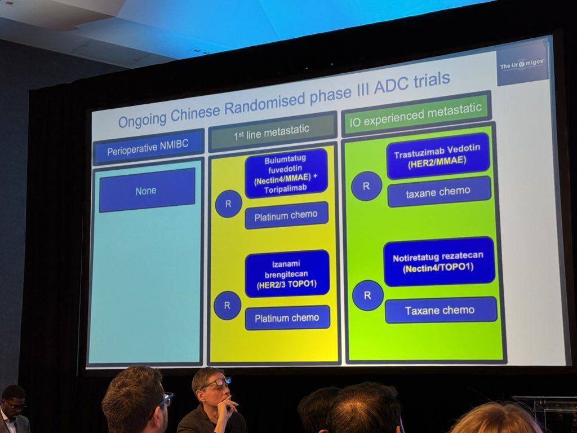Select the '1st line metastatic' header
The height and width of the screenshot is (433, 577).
coord(272,131)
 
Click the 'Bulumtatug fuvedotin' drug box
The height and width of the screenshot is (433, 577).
coord(286,173)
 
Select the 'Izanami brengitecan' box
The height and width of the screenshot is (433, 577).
coord(287,273)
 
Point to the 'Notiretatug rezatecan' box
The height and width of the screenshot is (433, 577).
coord(438,262)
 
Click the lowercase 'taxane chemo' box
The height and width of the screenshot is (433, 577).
coord(438,191)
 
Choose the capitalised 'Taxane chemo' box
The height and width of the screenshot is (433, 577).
coord(440,310)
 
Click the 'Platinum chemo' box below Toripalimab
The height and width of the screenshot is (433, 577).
coord(286,215)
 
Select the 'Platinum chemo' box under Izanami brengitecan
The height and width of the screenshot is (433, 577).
coord(287,318)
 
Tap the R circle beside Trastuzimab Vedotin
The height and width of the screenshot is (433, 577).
coord(366,186)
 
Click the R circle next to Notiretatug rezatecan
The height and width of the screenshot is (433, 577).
coord(367,295)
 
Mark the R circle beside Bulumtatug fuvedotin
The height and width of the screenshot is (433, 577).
coord(228,204)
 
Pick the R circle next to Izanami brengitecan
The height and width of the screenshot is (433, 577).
coord(227,306)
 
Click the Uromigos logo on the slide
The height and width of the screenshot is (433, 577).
coord(522,64)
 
